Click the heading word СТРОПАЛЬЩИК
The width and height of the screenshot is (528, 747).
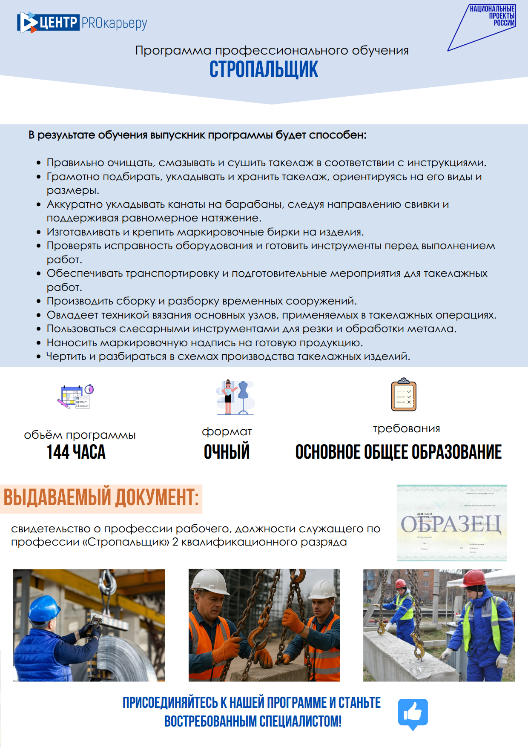264,69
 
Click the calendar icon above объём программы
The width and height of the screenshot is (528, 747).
75,396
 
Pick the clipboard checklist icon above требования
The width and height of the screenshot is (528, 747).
403,395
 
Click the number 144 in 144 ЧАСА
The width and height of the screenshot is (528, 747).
58,452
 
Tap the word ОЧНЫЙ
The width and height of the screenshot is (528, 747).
227,452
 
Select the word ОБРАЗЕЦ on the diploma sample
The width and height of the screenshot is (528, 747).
451,524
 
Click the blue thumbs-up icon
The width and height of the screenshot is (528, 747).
413,713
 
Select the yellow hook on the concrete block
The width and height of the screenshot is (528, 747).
419,647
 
